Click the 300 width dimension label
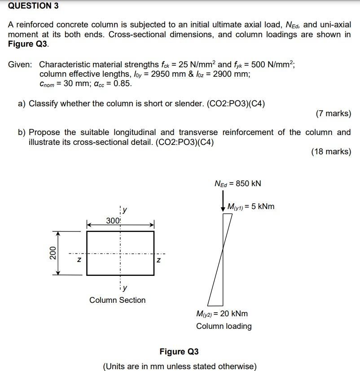113,220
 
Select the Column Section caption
117,300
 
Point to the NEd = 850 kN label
237,183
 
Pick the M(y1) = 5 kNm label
250,207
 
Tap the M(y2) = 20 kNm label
222,314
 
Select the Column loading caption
224,326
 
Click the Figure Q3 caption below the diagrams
179,351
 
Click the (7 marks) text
333,113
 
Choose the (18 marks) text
331,152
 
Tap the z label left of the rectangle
79,260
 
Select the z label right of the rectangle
158,260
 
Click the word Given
20,64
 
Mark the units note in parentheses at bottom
180,366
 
